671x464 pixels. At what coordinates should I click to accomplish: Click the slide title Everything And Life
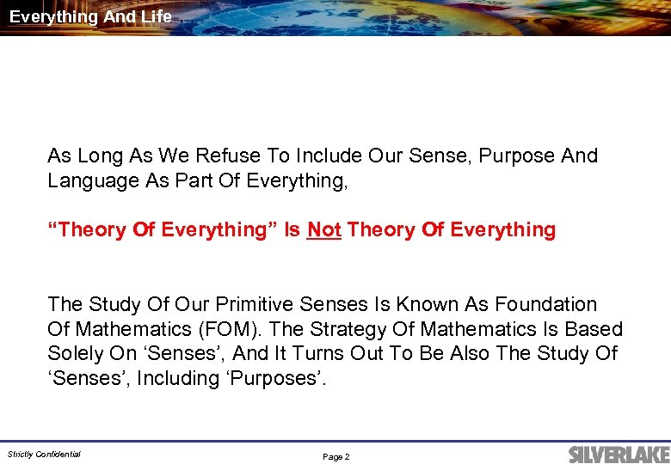pos(90,16)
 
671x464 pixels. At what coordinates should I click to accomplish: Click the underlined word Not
pos(324,230)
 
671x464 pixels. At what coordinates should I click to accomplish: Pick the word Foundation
pos(545,305)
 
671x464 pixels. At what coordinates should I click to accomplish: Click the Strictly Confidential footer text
pos(44,455)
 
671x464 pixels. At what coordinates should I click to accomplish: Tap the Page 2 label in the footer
pos(335,457)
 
